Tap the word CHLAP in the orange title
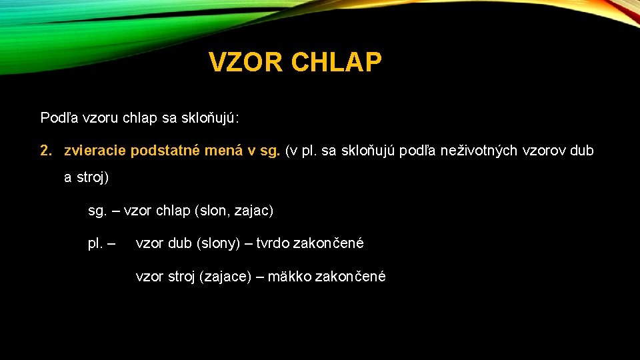coord(337,63)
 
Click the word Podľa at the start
coord(59,118)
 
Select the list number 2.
coord(45,151)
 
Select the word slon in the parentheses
coord(211,211)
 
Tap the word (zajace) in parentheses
coord(229,276)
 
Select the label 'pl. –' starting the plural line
coord(101,243)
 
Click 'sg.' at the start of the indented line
coord(97,211)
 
